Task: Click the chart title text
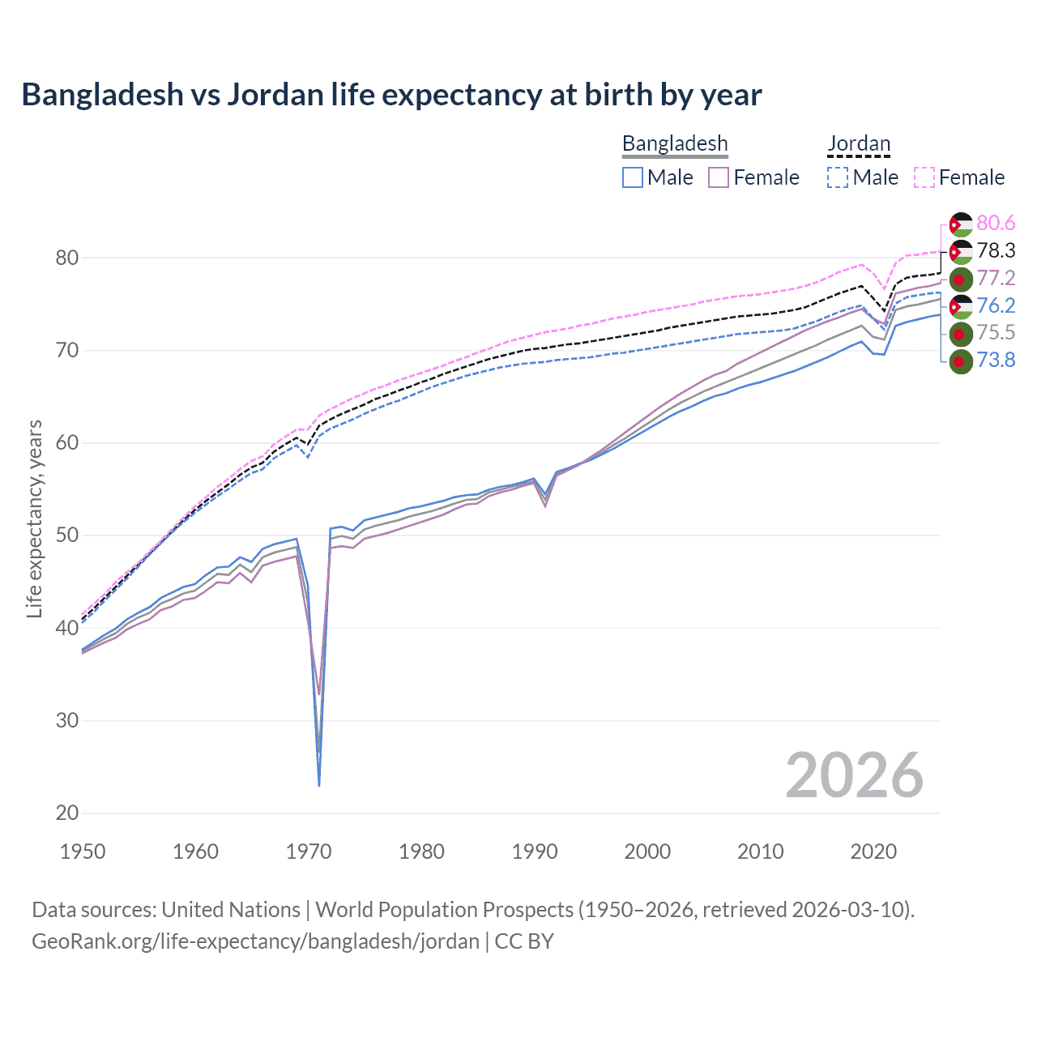tap(391, 95)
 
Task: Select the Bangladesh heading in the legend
tap(675, 143)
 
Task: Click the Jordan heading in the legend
tap(859, 143)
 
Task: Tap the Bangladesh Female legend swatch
tap(719, 177)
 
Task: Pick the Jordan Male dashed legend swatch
tap(838, 177)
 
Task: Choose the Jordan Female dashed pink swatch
tap(924, 177)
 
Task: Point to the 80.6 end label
tap(996, 223)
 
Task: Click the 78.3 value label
tap(996, 250)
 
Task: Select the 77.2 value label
tap(996, 278)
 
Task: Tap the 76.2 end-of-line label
tap(996, 305)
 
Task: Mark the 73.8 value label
tap(996, 360)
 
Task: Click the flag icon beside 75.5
tap(960, 333)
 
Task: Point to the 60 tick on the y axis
tap(66, 443)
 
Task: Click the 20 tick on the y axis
tap(66, 813)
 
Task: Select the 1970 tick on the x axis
tap(309, 851)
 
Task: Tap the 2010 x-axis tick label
tap(760, 851)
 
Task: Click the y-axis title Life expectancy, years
tap(34, 518)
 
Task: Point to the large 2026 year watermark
tap(854, 775)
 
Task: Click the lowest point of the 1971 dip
tap(319, 785)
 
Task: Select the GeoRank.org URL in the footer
tap(255, 941)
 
